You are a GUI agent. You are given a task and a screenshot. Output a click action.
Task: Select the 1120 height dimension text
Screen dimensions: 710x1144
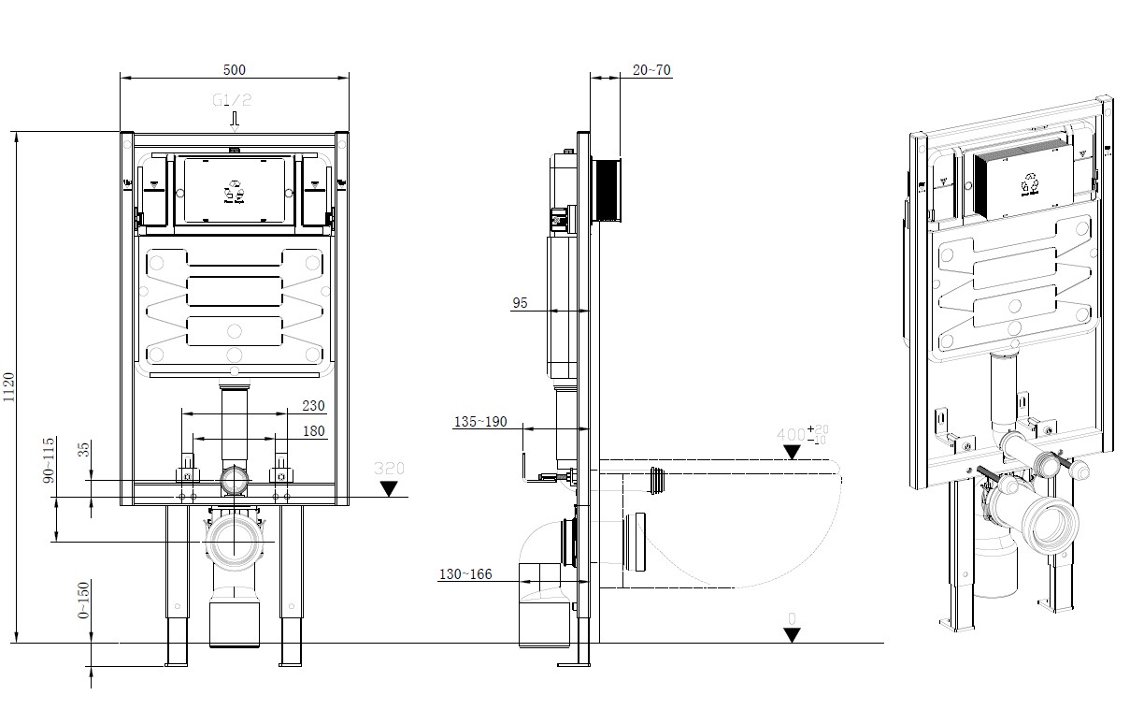coord(9,387)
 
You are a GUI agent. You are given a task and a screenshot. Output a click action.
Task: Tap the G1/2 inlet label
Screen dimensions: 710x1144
coord(233,100)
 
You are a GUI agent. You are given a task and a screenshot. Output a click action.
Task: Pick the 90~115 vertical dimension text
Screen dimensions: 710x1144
coord(50,459)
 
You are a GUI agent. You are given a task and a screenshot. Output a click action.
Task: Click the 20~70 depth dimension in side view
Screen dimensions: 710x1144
coord(651,70)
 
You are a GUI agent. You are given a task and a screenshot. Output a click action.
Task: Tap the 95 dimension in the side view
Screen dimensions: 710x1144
coord(521,302)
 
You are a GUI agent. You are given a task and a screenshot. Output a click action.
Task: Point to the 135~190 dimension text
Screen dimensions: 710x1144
coord(479,422)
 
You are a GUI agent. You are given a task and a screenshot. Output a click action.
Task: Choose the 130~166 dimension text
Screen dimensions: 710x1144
coord(465,574)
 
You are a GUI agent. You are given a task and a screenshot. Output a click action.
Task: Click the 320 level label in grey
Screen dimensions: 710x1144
coord(388,468)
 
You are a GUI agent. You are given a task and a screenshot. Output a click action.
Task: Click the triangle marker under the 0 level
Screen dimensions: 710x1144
coord(792,635)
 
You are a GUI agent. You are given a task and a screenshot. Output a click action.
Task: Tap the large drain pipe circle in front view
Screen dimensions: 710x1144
coord(234,540)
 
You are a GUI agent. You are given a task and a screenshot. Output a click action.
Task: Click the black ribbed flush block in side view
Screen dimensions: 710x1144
coord(607,191)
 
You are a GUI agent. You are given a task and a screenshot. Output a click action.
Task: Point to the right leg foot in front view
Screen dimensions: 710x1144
coord(291,656)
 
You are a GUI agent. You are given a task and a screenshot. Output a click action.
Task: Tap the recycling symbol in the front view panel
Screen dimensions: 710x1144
coord(234,189)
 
